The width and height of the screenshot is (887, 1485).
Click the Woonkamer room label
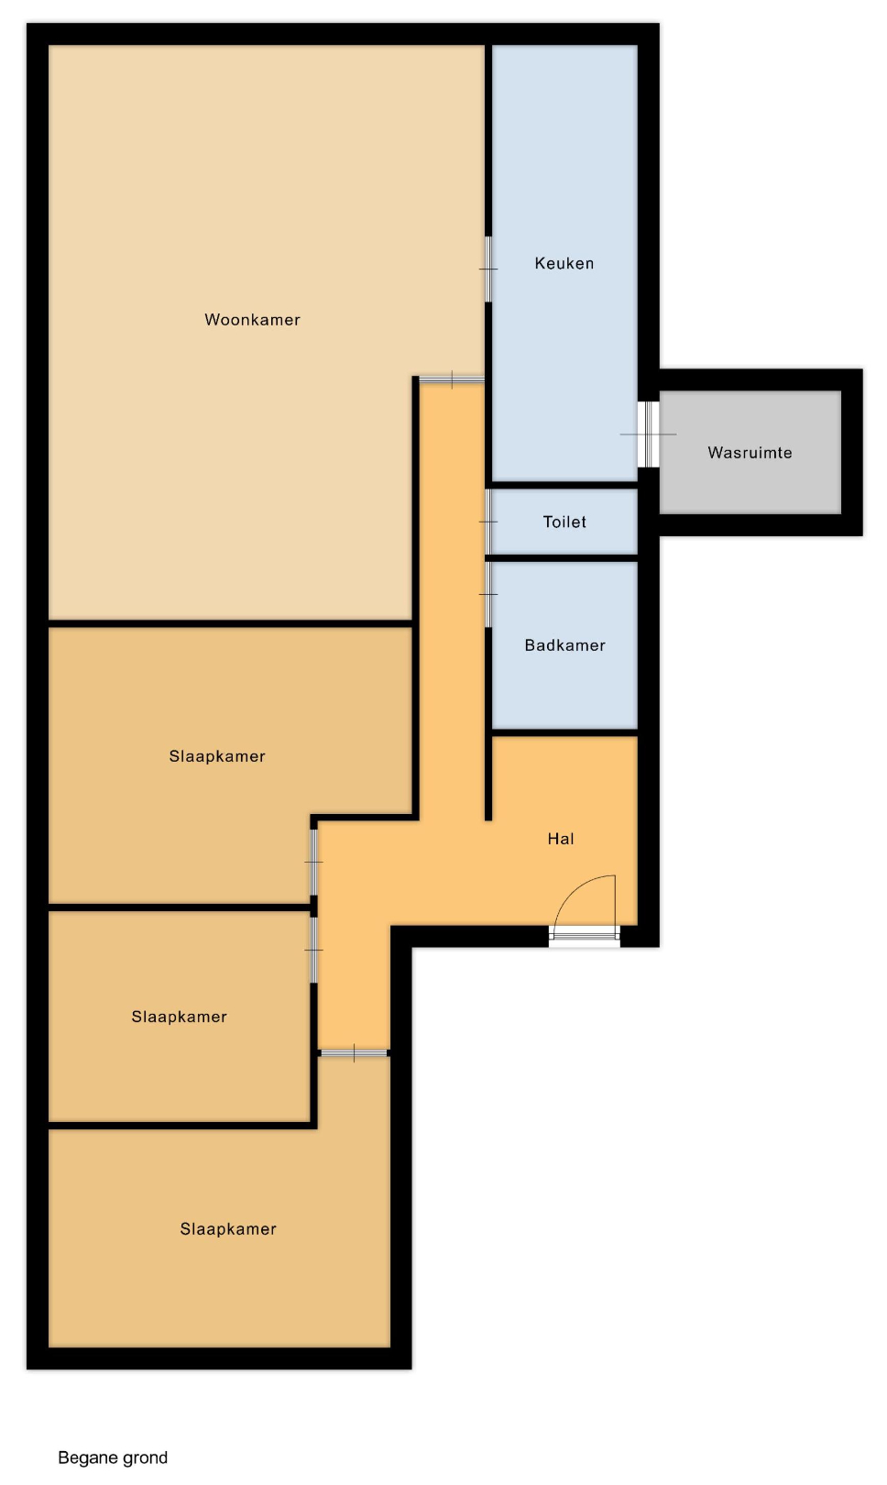[x=252, y=320]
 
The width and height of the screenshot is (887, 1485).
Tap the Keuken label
[x=564, y=263]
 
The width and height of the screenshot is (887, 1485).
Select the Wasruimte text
[x=750, y=453]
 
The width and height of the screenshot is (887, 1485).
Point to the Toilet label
[x=564, y=522]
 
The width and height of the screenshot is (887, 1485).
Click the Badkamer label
[x=564, y=645]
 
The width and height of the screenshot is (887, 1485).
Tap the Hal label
[x=561, y=839]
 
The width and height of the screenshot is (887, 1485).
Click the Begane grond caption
[x=113, y=1457]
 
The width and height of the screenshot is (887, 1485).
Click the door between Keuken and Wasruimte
[x=649, y=434]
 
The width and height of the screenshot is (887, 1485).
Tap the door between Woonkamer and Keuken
[x=488, y=269]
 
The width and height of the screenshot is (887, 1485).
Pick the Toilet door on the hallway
[x=488, y=522]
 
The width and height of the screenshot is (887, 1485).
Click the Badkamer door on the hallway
[x=488, y=594]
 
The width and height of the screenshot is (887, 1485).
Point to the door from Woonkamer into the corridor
[x=452, y=379]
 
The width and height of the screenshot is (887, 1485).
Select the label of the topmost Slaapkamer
[x=217, y=755]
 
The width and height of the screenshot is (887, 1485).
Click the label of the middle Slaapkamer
[x=179, y=1017]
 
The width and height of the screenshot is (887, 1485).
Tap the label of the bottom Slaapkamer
[x=228, y=1228]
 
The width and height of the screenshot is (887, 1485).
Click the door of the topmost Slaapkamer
[x=313, y=862]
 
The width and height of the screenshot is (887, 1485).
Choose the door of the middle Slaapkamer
[x=313, y=950]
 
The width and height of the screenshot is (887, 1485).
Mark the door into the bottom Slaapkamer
[x=354, y=1052]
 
